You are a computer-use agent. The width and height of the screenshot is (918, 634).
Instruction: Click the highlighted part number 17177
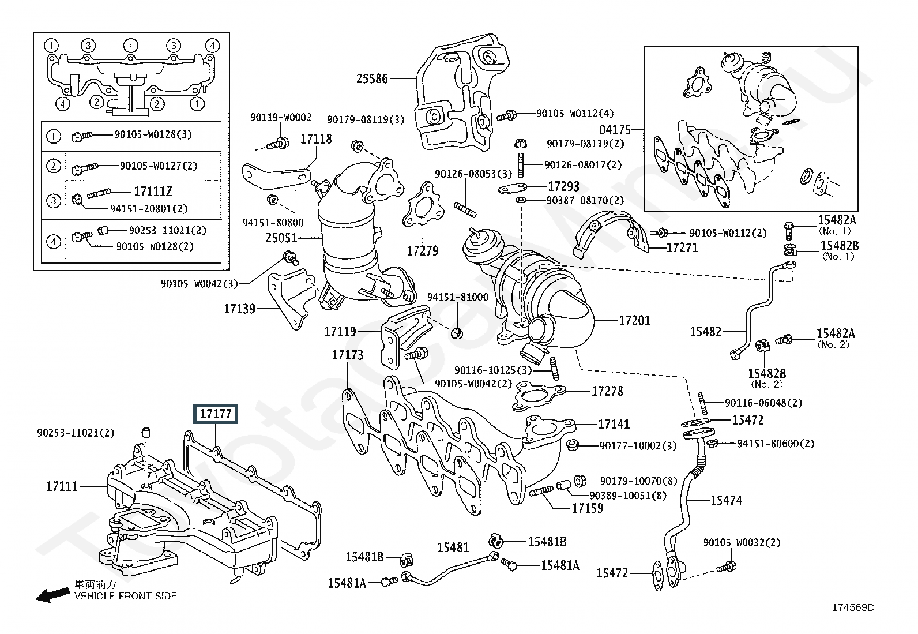(x=215, y=414)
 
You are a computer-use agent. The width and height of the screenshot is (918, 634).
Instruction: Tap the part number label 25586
(x=372, y=78)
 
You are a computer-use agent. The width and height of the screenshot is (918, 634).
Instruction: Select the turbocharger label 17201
(x=634, y=320)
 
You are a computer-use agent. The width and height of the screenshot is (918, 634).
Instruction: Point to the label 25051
(x=281, y=238)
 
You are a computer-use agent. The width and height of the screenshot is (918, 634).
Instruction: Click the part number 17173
(x=347, y=355)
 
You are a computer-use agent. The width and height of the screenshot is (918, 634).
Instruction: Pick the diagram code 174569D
(x=853, y=607)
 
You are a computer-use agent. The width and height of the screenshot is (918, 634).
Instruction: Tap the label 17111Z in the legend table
(x=153, y=192)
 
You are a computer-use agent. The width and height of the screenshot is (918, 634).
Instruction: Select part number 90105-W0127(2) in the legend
(x=158, y=166)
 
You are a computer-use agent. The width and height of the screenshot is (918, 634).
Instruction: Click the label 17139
(x=239, y=309)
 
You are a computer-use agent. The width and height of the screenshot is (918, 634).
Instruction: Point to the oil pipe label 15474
(x=726, y=500)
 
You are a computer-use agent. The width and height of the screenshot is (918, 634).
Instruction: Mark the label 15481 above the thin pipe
(x=453, y=547)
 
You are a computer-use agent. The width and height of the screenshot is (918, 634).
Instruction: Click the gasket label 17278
(x=607, y=391)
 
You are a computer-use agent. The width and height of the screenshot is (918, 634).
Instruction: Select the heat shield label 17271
(x=682, y=248)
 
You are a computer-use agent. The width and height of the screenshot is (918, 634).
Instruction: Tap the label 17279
(x=422, y=251)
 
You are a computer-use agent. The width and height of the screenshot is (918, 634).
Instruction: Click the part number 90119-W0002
(x=281, y=118)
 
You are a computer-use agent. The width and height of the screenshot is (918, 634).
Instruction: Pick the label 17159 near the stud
(x=587, y=508)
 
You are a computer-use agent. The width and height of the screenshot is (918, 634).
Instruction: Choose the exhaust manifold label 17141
(x=614, y=425)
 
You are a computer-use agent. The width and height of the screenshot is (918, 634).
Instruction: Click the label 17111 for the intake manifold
(x=62, y=486)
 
